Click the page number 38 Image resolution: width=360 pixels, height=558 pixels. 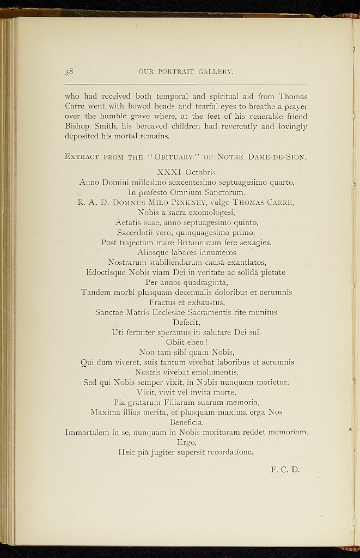pos(69,71)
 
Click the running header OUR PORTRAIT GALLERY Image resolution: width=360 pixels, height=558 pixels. pos(186,71)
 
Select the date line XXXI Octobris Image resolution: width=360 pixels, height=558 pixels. pos(186,172)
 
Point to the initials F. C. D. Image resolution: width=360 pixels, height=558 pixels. pos(285,469)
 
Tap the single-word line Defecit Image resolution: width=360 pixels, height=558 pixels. pos(186,322)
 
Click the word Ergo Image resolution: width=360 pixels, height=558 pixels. pos(186,442)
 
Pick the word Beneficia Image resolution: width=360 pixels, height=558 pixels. pos(186,422)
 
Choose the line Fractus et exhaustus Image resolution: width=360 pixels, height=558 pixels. pos(186,302)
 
